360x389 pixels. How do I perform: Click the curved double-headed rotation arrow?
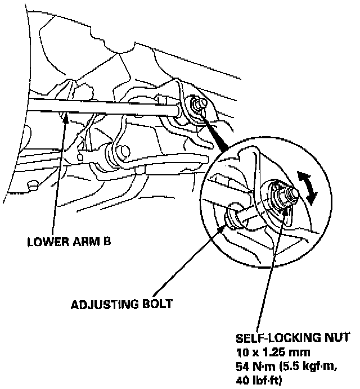pyautogui.click(x=308, y=188)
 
